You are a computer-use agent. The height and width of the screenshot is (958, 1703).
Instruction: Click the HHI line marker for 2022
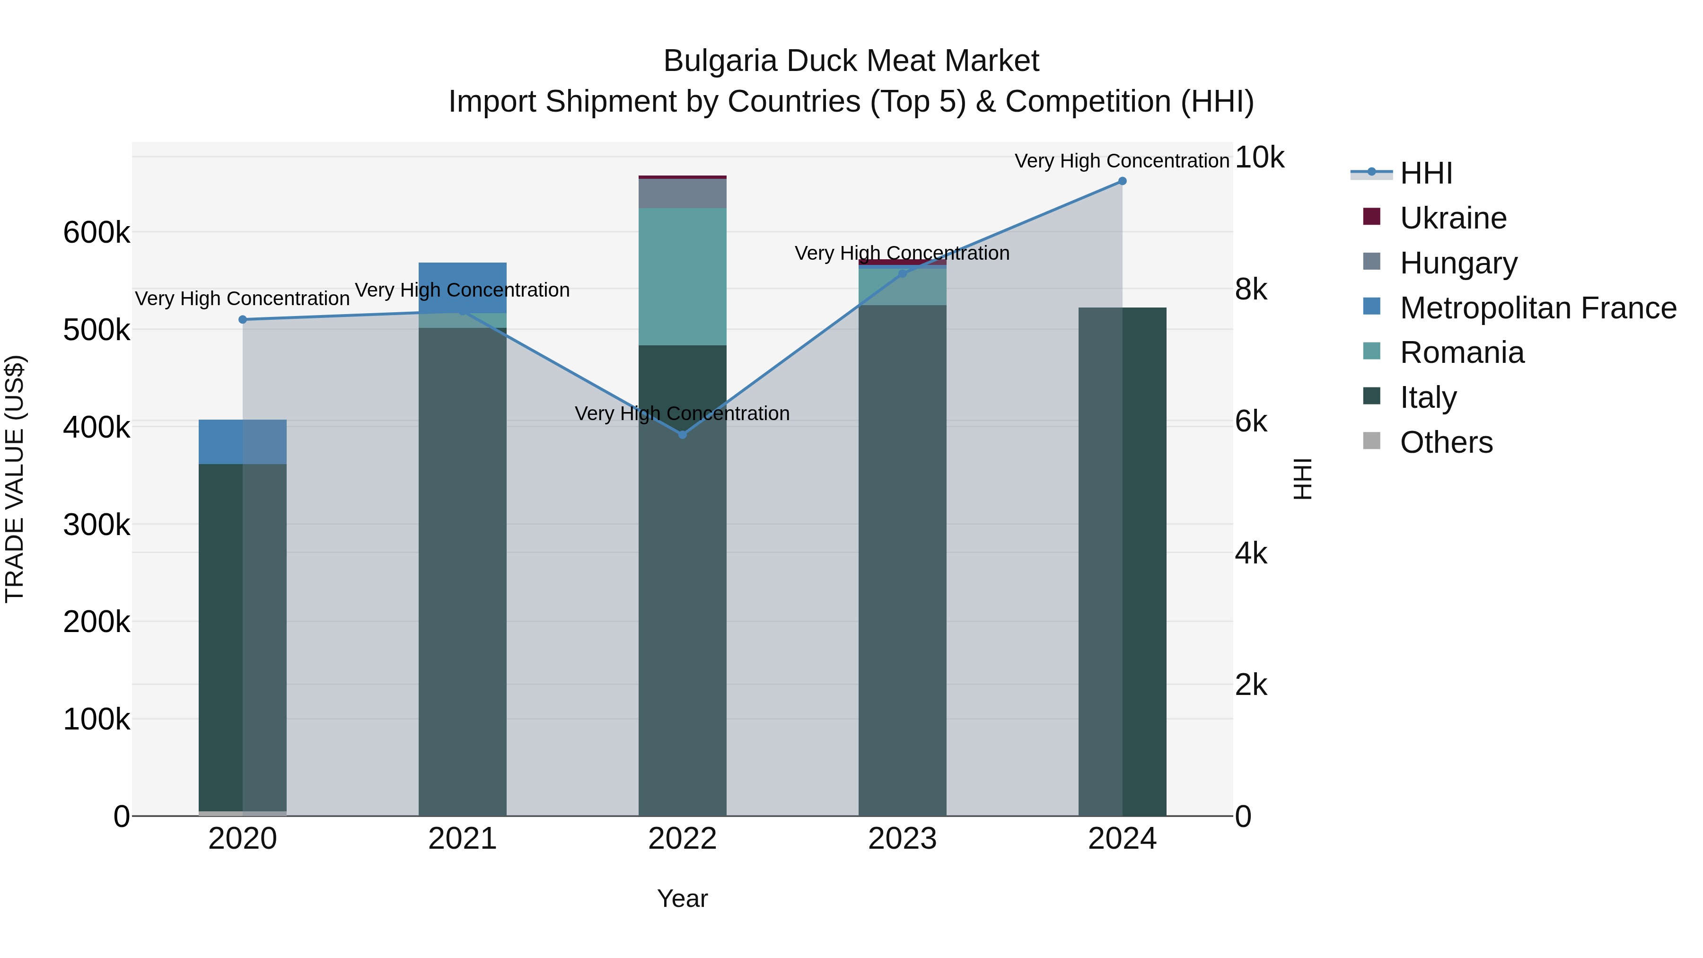(x=682, y=434)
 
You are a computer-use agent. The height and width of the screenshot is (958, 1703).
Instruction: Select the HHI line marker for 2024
(x=1122, y=181)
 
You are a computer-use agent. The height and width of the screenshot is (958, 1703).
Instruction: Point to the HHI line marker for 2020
(x=243, y=319)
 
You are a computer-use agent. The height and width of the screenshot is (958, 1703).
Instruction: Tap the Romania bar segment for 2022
(x=682, y=276)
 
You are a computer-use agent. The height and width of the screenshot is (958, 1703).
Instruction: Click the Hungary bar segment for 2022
(x=682, y=193)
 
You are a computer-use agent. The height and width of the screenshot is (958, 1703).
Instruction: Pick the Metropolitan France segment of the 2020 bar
(x=243, y=442)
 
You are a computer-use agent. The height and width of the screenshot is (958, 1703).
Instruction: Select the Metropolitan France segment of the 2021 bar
(x=462, y=287)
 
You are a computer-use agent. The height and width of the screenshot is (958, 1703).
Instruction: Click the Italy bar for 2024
(x=1122, y=562)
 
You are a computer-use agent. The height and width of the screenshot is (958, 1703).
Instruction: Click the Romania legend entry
(x=1462, y=352)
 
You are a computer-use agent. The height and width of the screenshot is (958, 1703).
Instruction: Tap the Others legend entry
(x=1446, y=442)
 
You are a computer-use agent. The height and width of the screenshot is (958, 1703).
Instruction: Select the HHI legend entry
(x=1425, y=173)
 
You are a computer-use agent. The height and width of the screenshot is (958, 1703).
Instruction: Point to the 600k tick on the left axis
(x=97, y=233)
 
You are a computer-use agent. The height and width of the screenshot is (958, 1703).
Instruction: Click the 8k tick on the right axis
(x=1251, y=290)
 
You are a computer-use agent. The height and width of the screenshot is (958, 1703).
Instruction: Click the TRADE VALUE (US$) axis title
(x=15, y=479)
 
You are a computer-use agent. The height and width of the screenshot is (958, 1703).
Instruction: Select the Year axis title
(x=682, y=898)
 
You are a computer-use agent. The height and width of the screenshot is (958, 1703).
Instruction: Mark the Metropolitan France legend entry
(x=1538, y=308)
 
